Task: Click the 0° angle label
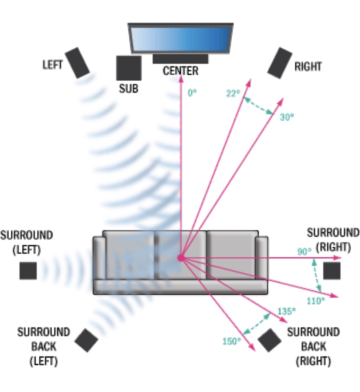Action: coord(192,93)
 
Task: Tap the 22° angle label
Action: coord(233,93)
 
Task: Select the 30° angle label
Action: coord(287,117)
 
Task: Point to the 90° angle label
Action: coord(304,252)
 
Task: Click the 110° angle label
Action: coord(316,300)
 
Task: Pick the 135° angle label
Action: coord(287,312)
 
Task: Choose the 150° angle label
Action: coord(231,341)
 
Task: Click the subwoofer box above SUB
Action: coord(129,68)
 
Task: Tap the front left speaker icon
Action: coord(78,63)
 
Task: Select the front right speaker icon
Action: coord(280,63)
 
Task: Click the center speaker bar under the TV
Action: coord(180,59)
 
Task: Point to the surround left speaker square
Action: coord(28,270)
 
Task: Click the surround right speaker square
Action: coord(331,270)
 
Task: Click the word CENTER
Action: coord(180,70)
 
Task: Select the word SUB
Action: coord(129,88)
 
